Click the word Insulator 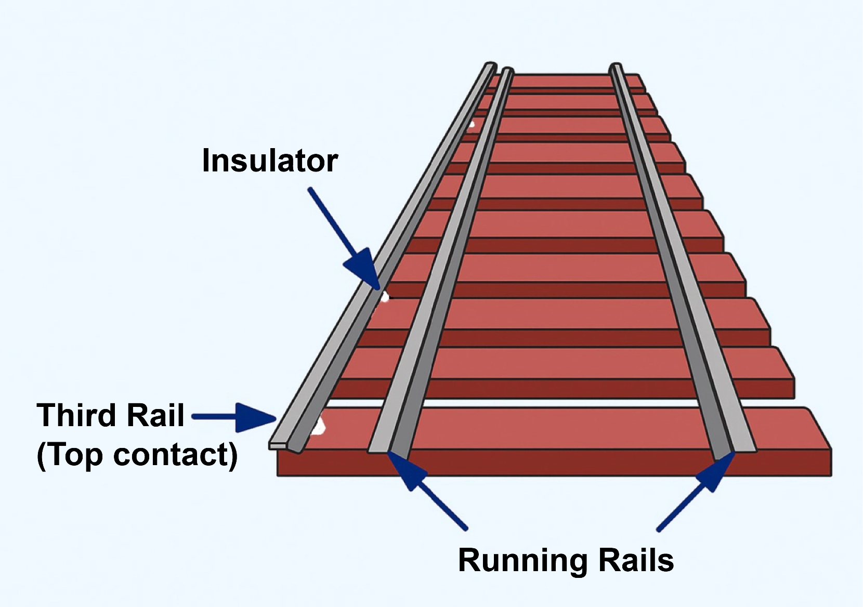tap(270, 161)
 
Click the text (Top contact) tap(137, 455)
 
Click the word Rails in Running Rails tap(637, 561)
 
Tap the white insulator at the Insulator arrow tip tap(384, 297)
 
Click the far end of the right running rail tap(616, 66)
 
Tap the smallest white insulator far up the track tap(472, 124)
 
